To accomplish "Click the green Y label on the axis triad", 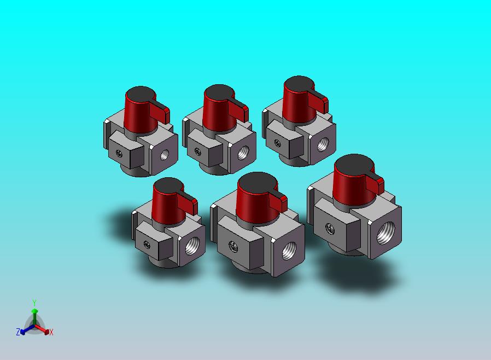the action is [x=34, y=303].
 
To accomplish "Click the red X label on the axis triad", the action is [x=51, y=332].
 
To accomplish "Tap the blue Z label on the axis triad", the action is [x=18, y=332].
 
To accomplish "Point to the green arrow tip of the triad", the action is [x=34, y=311].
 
